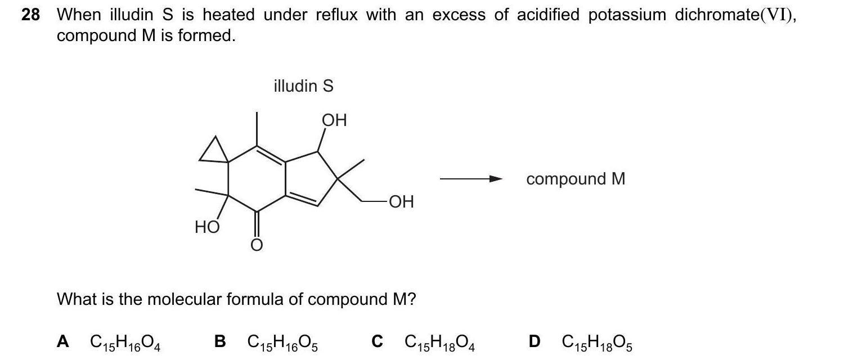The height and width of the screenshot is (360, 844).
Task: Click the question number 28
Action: point(30,15)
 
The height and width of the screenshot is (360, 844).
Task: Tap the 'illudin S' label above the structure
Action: point(303,86)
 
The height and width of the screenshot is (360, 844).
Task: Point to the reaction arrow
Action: point(470,179)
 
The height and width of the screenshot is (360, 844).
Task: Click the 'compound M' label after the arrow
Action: point(576,179)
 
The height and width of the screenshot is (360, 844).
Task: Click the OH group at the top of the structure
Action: point(334,120)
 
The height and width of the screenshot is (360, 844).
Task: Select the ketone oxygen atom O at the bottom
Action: point(256,245)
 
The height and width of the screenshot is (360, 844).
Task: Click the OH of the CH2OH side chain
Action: point(400,201)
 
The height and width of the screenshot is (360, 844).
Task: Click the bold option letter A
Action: point(64,341)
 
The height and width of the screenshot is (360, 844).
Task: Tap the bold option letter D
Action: point(535,341)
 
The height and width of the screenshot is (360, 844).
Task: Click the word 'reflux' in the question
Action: point(336,15)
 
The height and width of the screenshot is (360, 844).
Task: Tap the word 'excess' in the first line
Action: point(459,15)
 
